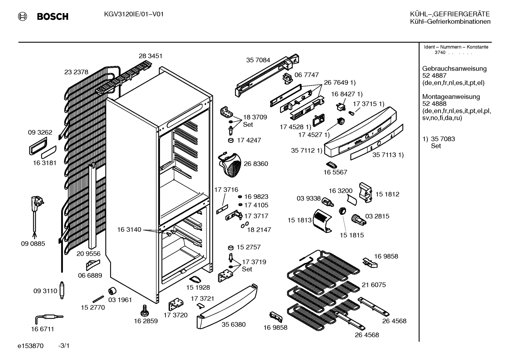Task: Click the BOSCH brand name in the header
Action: click(x=53, y=17)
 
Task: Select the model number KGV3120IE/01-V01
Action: click(x=134, y=14)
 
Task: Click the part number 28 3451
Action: click(x=150, y=56)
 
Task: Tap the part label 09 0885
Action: click(x=33, y=243)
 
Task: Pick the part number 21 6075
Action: click(x=374, y=285)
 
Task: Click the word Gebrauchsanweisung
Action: click(x=454, y=69)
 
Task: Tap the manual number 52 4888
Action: click(x=434, y=104)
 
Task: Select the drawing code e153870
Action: click(x=30, y=346)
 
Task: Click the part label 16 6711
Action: click(x=42, y=329)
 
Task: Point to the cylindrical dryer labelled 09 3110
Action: click(x=62, y=290)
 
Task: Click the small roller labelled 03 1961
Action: click(x=112, y=291)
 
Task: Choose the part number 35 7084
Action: click(x=258, y=60)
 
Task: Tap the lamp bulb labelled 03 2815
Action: click(x=358, y=220)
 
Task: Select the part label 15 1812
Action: click(x=387, y=194)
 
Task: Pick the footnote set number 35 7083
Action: click(x=443, y=139)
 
